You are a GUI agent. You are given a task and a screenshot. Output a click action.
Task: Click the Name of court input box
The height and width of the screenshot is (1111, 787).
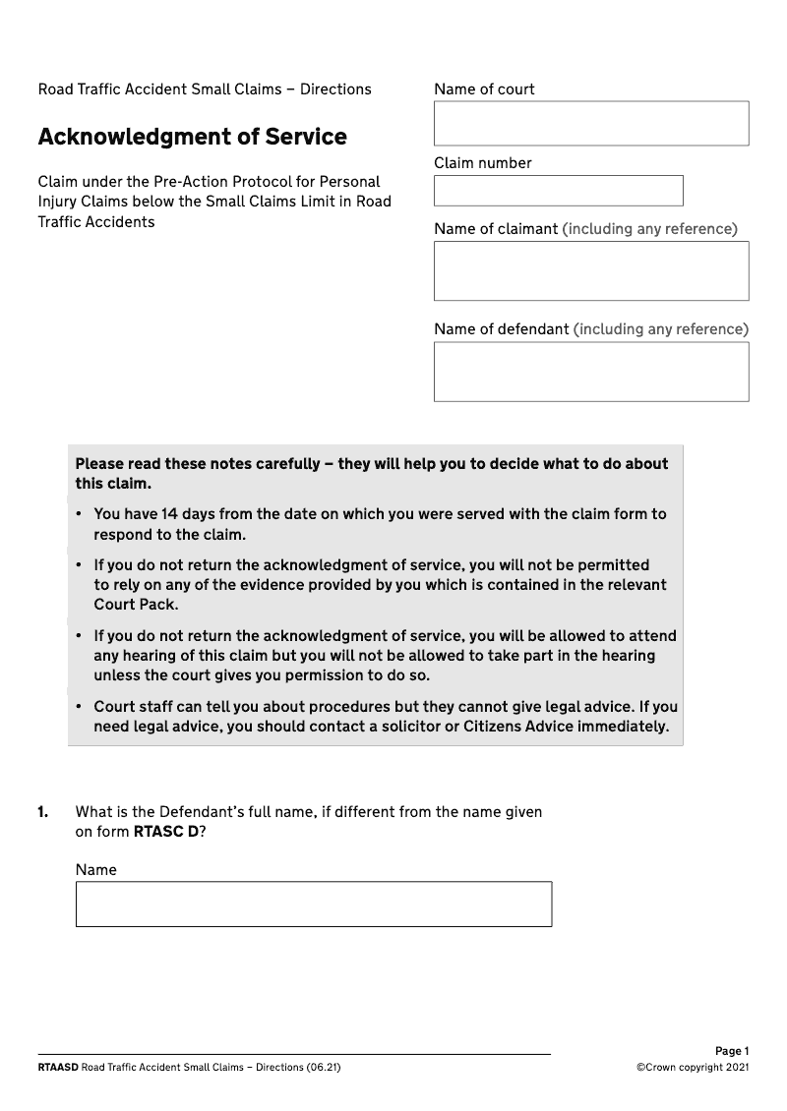pos(591,123)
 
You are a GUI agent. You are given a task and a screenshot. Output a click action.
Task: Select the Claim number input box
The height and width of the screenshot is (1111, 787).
pos(558,190)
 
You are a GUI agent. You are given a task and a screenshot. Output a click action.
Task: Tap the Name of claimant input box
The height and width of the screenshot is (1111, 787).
pos(591,270)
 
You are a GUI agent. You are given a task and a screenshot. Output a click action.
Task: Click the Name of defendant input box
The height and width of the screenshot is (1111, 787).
pos(591,372)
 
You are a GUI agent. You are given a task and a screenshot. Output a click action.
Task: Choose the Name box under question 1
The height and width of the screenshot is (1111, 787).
pos(314,904)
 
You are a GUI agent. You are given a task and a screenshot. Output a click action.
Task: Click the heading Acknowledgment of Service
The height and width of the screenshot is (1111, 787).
pos(192,137)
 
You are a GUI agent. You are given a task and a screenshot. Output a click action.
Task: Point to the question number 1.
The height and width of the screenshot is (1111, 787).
pos(42,812)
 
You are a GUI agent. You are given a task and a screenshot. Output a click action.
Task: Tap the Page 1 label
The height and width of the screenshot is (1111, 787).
pos(732,1051)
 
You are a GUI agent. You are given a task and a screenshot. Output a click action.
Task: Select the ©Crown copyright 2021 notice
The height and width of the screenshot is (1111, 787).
pos(693,1067)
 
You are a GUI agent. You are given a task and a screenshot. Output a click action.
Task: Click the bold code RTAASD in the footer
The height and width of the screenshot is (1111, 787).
pos(58,1067)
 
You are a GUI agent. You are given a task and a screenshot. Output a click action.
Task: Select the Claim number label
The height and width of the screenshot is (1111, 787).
pos(482,163)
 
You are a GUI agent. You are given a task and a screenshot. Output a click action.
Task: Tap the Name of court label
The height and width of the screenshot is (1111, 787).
pos(484,89)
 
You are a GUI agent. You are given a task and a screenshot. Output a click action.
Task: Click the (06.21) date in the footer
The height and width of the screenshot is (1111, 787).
pos(324,1067)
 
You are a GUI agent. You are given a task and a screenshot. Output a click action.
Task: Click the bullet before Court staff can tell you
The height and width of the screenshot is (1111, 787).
pos(78,707)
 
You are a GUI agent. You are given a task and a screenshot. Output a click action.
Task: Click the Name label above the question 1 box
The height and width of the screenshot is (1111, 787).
pos(95,870)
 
